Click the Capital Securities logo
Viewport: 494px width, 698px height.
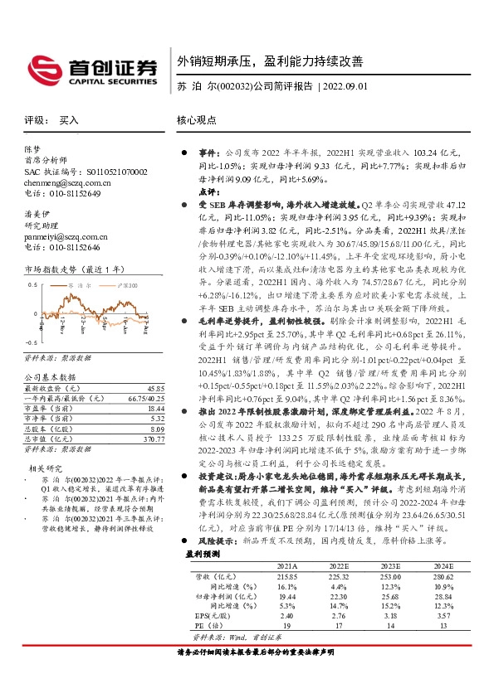(92, 70)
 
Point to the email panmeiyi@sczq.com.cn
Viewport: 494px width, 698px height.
(67, 236)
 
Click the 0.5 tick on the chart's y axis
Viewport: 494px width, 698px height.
(32, 284)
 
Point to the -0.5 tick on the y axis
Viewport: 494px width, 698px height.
(31, 342)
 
